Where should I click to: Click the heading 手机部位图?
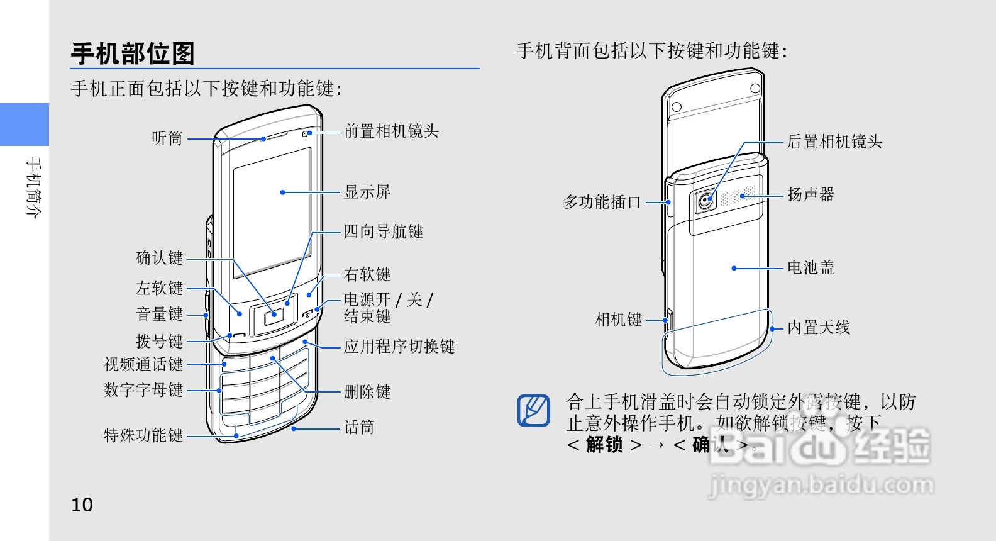(133, 54)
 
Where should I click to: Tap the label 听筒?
(167, 138)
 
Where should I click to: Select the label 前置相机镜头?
(391, 131)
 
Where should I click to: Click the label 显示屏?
(367, 192)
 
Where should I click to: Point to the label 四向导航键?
(383, 231)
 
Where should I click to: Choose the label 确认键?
(160, 258)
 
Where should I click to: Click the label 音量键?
(160, 314)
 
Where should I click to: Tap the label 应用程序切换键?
(399, 347)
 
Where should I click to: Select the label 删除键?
(367, 392)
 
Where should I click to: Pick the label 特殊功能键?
(143, 435)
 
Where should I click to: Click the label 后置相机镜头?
(834, 142)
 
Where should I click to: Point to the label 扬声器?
(811, 195)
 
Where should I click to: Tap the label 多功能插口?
(602, 202)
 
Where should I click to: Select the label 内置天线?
(819, 328)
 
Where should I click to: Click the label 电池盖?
(811, 268)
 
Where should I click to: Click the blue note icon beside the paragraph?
(534, 410)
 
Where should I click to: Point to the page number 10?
(82, 505)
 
